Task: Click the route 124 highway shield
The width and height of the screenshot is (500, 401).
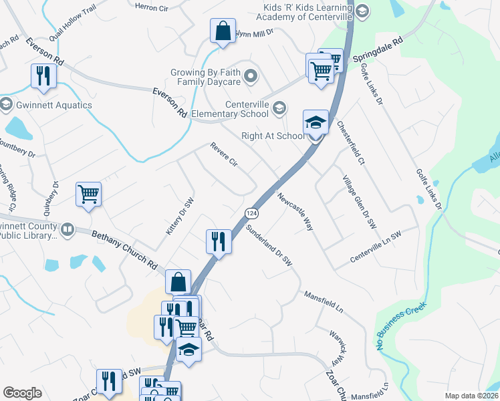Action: click(x=251, y=213)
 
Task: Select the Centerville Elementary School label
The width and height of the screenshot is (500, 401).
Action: click(x=247, y=109)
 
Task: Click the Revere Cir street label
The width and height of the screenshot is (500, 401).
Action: click(x=224, y=154)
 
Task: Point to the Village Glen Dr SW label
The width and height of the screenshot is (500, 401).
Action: click(x=360, y=202)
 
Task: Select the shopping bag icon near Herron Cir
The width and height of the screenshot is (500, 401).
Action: click(x=223, y=31)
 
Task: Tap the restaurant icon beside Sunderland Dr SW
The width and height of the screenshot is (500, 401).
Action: click(x=218, y=241)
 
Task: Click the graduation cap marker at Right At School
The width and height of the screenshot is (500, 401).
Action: click(x=316, y=122)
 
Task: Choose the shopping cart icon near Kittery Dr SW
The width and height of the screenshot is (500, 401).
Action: click(x=88, y=194)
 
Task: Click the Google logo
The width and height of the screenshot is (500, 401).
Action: click(x=22, y=393)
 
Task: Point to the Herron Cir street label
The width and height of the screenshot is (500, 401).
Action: click(x=151, y=7)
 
